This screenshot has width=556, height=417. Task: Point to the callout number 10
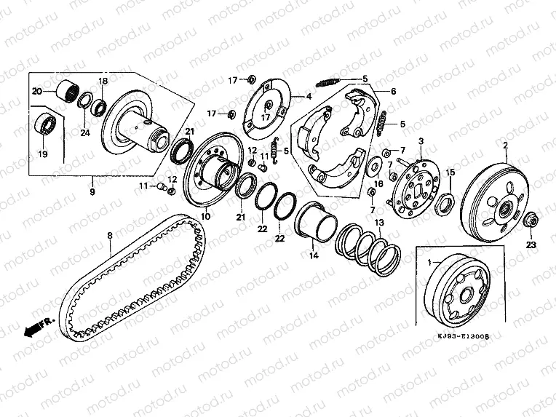(x=205, y=215)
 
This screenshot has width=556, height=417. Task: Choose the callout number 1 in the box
(x=429, y=261)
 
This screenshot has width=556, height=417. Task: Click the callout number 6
(x=393, y=92)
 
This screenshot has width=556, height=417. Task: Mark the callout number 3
(x=420, y=139)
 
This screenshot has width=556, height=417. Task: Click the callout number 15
(x=450, y=172)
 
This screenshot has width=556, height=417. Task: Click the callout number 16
(x=378, y=184)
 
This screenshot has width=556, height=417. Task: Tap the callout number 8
(x=110, y=235)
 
